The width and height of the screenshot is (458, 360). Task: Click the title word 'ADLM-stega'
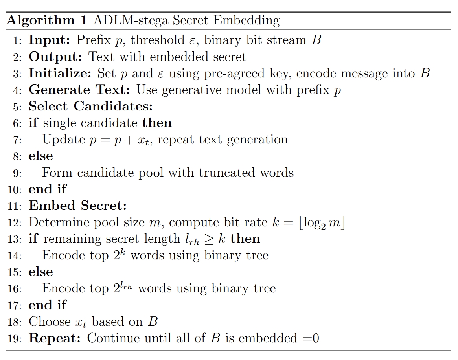(123, 20)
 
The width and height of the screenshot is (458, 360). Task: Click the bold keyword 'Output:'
(55, 57)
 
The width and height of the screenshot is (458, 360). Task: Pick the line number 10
(15, 189)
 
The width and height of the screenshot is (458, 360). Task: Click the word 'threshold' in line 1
(158, 40)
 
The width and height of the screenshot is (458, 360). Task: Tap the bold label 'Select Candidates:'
(90, 107)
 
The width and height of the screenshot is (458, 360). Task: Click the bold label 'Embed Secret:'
(78, 206)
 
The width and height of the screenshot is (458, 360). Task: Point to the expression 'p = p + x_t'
(121, 140)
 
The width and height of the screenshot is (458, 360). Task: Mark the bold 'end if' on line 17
(48, 305)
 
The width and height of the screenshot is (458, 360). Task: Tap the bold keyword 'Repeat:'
(55, 338)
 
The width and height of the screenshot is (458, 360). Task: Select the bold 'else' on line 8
(40, 156)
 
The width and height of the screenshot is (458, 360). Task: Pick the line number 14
(15, 255)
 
